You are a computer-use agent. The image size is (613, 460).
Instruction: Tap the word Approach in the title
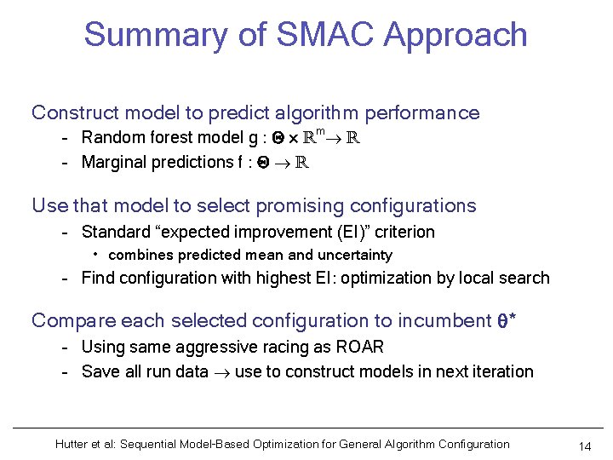click(x=455, y=36)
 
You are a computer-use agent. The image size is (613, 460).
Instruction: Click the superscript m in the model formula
click(x=321, y=131)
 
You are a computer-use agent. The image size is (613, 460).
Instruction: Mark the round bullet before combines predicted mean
click(x=98, y=255)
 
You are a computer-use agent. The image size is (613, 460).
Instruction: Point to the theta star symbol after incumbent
click(x=507, y=321)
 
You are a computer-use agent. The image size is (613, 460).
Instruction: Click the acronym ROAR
click(x=359, y=347)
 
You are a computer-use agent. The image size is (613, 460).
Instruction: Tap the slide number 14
click(x=584, y=446)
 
